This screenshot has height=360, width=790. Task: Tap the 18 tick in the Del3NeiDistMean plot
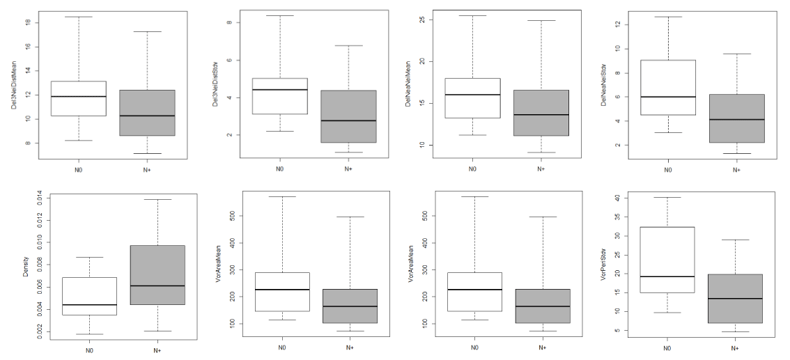tap(28, 22)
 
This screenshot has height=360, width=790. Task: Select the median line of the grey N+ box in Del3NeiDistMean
tap(146, 116)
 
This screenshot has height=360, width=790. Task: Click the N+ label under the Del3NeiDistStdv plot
tap(348, 169)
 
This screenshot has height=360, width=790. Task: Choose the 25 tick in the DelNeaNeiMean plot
tap(421, 19)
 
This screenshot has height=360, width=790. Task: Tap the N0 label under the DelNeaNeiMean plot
tap(472, 169)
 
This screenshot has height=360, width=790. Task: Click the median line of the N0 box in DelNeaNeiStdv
tap(668, 97)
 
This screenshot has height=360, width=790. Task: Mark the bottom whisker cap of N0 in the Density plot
tap(90, 334)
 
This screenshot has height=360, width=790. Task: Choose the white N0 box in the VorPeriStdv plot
tap(668, 259)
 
